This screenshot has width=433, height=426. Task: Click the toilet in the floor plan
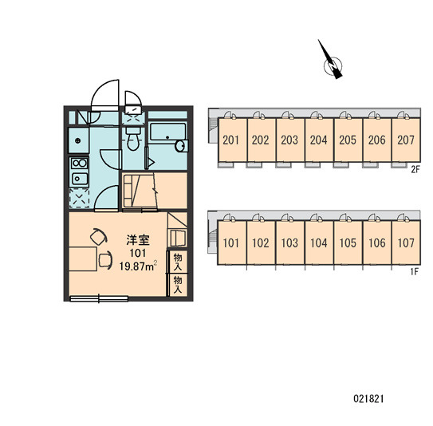click(x=133, y=138)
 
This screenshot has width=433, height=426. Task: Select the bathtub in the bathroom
click(x=167, y=132)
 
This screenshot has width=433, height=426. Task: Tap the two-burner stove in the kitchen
click(x=79, y=163)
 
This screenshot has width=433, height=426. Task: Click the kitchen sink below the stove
click(x=80, y=179)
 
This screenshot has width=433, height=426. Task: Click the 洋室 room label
click(x=138, y=240)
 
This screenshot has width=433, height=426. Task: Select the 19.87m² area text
click(x=138, y=266)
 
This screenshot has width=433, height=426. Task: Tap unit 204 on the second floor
click(x=319, y=140)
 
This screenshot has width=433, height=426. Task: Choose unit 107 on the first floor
click(x=406, y=243)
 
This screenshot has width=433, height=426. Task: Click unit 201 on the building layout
click(x=231, y=140)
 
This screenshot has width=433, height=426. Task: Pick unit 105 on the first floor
click(x=348, y=243)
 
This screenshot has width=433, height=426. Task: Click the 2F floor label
click(x=415, y=169)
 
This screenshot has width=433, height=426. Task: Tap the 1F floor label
click(x=415, y=271)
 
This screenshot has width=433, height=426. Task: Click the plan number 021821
click(x=368, y=399)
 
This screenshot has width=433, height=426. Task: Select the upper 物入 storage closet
click(x=178, y=262)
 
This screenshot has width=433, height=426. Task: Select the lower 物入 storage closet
click(x=178, y=285)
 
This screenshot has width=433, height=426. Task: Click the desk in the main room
click(x=83, y=259)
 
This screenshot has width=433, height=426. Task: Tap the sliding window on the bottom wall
click(x=99, y=298)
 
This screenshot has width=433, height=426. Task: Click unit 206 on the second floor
click(x=377, y=140)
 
